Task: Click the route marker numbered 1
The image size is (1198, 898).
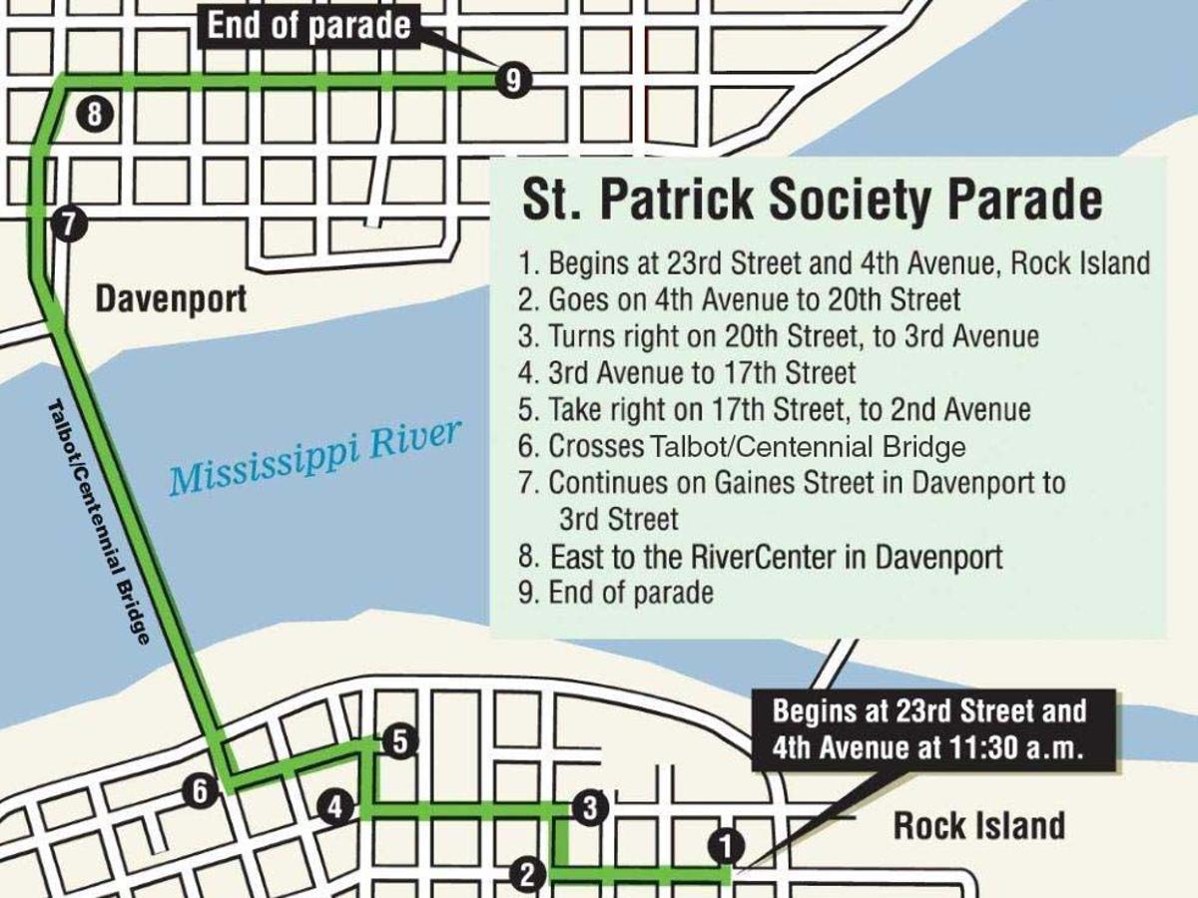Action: click(x=726, y=847)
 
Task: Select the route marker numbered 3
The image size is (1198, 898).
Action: click(x=590, y=807)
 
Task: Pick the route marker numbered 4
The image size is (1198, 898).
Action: click(x=336, y=807)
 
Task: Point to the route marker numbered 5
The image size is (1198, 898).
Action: click(x=398, y=741)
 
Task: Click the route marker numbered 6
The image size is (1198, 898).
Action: click(x=200, y=792)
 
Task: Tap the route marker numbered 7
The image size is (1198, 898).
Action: click(x=67, y=224)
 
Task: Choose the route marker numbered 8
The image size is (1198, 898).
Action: click(x=94, y=114)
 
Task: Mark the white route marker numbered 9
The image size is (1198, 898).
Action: click(x=512, y=80)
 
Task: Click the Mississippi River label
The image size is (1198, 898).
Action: click(x=315, y=457)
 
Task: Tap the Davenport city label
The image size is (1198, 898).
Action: click(x=171, y=298)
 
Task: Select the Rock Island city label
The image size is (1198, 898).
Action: click(x=978, y=826)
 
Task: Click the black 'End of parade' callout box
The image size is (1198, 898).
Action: click(x=309, y=27)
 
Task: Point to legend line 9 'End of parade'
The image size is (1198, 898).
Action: click(x=617, y=593)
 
